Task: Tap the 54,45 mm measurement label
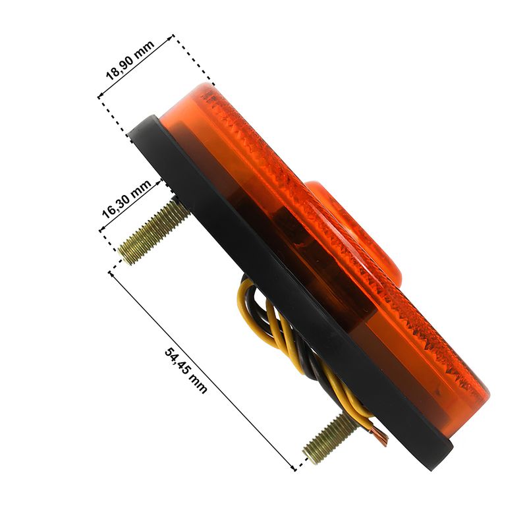pos(186,370)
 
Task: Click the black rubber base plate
pos(289,289)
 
